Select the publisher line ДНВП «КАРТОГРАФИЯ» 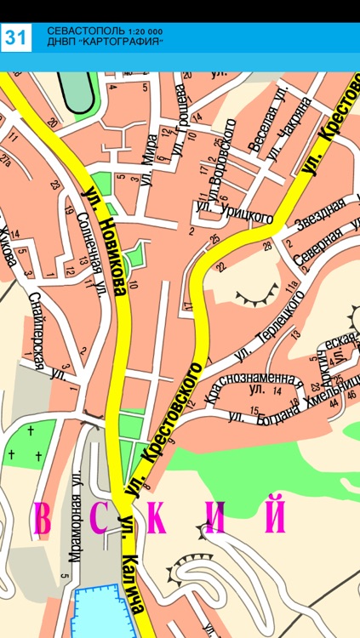point(104,42)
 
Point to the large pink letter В point(43,518)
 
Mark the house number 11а point(295,293)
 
